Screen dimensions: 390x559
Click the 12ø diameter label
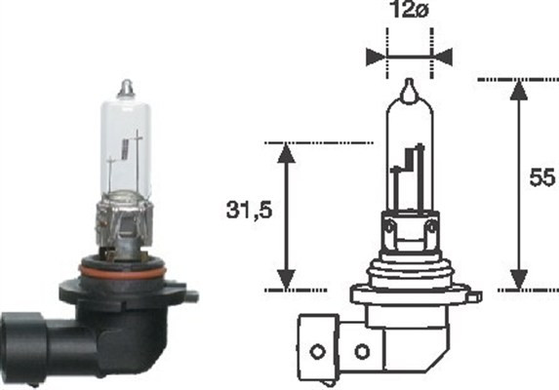coord(409,15)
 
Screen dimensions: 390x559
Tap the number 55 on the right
coord(539,177)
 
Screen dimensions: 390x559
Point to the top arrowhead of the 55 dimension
coord(519,89)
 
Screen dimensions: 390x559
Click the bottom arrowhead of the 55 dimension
coord(519,279)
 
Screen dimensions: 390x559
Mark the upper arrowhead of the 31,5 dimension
coord(285,153)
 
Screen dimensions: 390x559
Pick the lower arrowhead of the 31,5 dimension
coord(285,279)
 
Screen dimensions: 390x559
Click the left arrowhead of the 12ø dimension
coord(377,55)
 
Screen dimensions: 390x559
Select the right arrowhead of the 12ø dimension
coord(441,55)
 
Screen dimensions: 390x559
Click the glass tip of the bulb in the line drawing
coord(410,89)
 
